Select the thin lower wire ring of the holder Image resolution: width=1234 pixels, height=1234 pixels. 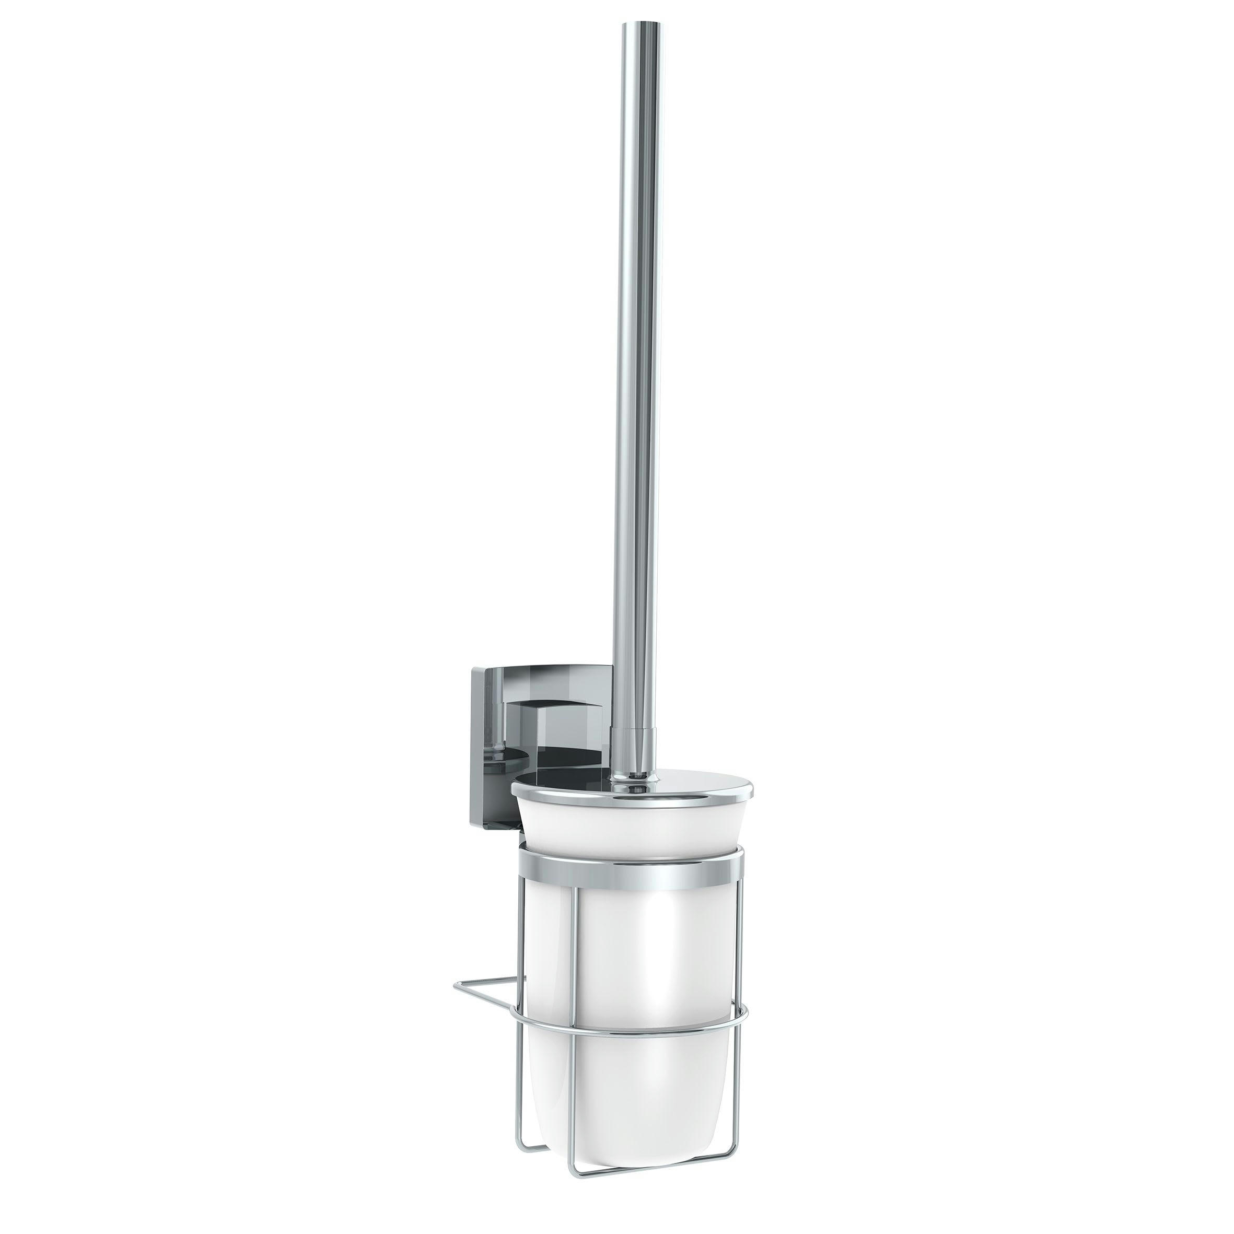(632, 1027)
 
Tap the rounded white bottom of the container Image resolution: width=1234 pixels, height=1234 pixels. (632, 1111)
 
